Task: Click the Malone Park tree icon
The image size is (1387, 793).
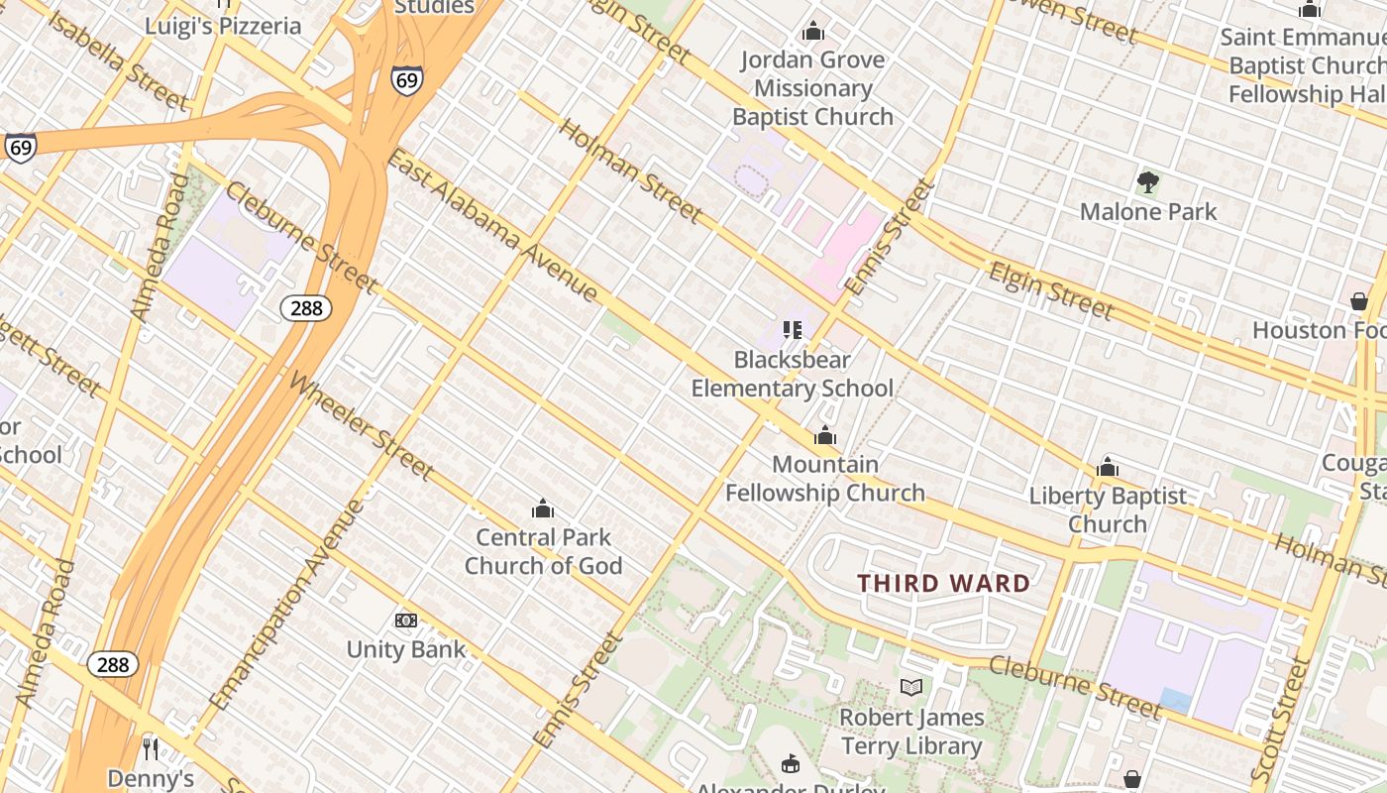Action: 1148,182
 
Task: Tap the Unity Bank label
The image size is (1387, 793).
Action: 405,650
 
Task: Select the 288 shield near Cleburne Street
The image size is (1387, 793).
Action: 306,308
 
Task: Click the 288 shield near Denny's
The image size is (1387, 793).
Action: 113,664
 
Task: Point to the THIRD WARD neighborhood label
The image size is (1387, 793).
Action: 943,583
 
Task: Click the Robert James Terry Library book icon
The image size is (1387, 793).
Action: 911,687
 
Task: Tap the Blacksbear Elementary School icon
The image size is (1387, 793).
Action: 792,329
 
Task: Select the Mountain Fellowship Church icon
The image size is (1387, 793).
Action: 824,435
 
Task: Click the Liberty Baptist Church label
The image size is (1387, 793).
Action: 1108,510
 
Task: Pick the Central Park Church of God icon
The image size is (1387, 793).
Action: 543,510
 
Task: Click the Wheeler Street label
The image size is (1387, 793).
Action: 361,426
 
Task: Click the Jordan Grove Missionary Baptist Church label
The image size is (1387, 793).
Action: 812,88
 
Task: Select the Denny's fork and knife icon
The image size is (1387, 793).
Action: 151,747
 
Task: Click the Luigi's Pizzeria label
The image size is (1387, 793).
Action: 223,26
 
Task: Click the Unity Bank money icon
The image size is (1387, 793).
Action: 406,621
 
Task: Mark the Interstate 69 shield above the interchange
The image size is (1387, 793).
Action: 406,80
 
